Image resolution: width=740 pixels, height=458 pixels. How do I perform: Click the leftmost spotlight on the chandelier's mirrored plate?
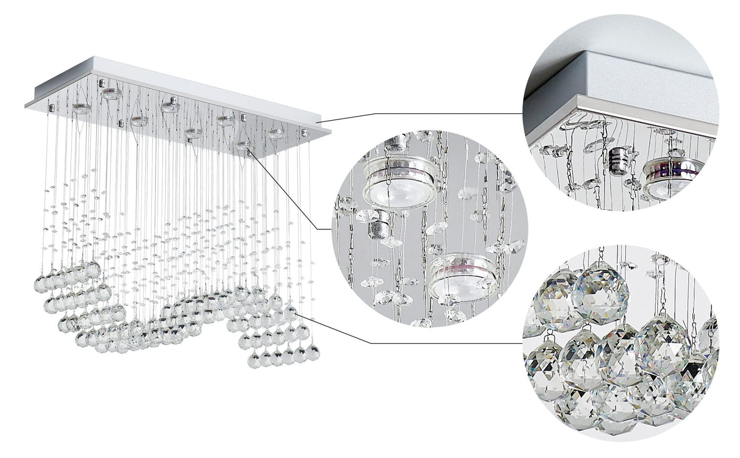82,109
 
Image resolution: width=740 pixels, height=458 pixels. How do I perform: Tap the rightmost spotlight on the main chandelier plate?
277,132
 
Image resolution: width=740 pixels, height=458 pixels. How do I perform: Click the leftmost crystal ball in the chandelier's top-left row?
40,283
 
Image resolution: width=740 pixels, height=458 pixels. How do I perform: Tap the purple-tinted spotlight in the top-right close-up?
671,177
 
